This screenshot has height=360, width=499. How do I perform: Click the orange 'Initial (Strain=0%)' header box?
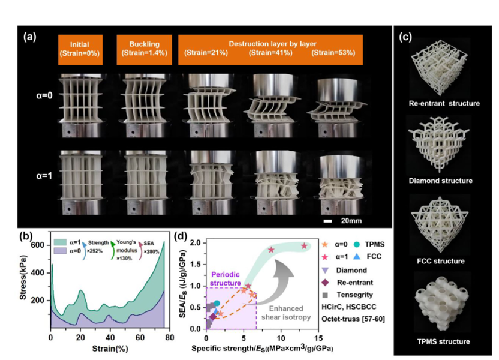coord(80,50)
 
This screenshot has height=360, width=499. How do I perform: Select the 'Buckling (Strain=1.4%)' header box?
coord(144,50)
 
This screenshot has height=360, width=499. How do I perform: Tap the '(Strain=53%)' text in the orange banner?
coord(333,53)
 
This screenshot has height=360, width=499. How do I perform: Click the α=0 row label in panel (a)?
coord(44,95)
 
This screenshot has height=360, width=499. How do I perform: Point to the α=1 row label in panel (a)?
coord(44,175)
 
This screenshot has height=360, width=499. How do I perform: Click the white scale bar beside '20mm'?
coord(328,221)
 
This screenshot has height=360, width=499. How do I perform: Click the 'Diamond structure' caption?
coord(440,181)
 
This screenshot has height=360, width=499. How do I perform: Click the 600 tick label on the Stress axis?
coord(38,245)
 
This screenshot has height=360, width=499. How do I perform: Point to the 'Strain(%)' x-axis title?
coord(110,349)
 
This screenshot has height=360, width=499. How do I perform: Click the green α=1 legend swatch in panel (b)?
coord(60,242)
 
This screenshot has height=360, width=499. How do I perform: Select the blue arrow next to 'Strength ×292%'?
coord(83,251)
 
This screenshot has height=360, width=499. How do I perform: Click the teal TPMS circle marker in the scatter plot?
coord(217,304)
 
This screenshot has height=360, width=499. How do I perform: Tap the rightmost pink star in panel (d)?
coord(304,246)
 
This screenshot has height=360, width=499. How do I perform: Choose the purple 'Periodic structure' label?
coord(226,279)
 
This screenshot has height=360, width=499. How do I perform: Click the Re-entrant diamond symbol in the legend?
coord(325,283)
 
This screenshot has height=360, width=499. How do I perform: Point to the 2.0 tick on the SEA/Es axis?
coord(196,243)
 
